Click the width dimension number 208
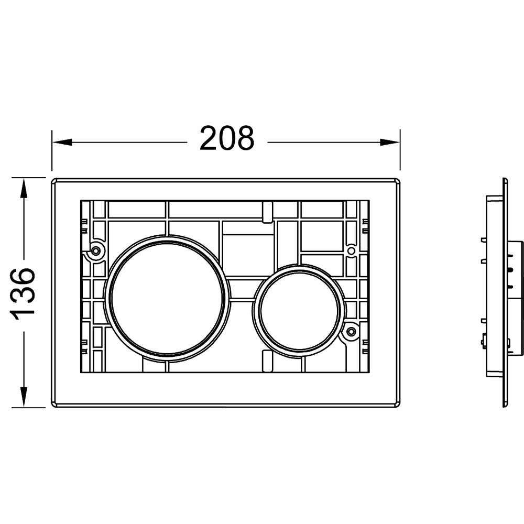click(227, 138)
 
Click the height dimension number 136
click(23, 291)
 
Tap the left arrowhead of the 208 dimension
click(62, 143)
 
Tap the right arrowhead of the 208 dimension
click(390, 143)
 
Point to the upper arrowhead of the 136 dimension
click(23, 188)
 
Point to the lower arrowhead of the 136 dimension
click(23, 397)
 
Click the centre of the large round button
click(168, 298)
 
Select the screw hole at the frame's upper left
click(96, 249)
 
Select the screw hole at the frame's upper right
click(351, 250)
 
